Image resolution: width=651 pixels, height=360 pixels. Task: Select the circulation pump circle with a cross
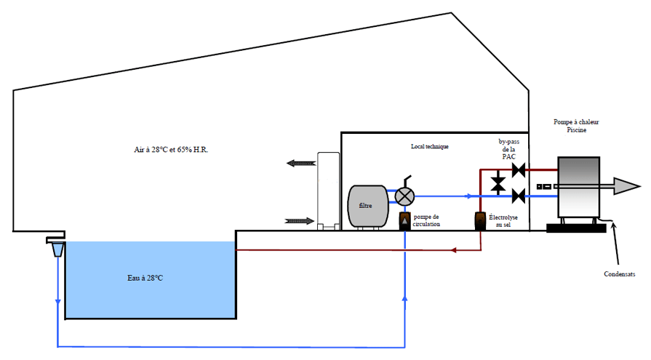pos(404,195)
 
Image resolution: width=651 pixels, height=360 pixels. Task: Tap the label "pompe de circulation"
pos(426,221)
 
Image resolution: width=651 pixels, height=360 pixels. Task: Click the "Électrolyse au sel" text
pos(504,221)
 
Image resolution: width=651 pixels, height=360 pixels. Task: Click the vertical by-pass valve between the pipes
pos(498,183)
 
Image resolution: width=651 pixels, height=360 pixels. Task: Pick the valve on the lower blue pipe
pos(519,195)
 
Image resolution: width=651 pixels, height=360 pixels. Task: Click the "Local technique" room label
pos(429,146)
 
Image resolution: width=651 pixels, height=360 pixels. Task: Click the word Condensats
pos(620,274)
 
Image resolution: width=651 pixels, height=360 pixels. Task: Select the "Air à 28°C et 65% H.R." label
pos(172,149)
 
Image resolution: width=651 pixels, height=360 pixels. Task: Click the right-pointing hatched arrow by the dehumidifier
pos(300,220)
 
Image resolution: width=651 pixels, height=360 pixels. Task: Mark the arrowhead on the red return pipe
pos(452,250)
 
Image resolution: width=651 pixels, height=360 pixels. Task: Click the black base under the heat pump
pos(576,228)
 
